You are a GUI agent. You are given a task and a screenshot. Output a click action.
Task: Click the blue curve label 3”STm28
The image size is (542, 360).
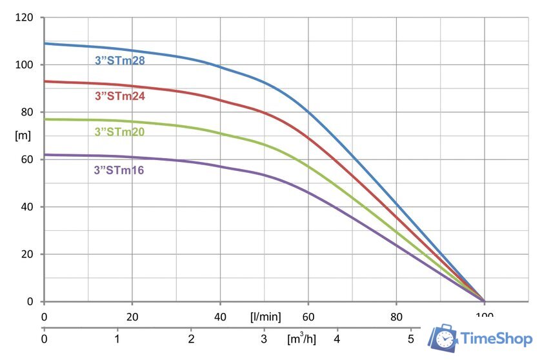(x=119, y=61)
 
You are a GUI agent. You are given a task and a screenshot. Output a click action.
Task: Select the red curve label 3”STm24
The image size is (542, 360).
(x=119, y=97)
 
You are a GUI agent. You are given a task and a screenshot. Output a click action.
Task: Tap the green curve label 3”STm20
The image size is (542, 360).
(x=119, y=132)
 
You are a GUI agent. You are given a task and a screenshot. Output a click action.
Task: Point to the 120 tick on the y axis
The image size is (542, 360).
(x=24, y=17)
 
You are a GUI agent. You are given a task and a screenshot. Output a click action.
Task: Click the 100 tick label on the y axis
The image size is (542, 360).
(x=24, y=65)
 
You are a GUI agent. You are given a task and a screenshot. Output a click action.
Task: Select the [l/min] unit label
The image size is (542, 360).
(x=265, y=317)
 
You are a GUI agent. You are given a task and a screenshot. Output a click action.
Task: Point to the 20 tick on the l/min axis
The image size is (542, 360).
(x=132, y=317)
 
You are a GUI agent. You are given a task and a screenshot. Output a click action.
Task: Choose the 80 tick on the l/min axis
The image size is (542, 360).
(x=396, y=317)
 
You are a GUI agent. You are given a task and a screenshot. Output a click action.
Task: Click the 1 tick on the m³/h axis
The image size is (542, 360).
(x=117, y=338)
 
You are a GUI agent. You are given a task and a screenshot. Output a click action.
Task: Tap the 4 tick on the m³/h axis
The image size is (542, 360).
(x=337, y=338)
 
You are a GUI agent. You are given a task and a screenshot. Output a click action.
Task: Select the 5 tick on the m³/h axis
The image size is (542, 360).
(x=410, y=338)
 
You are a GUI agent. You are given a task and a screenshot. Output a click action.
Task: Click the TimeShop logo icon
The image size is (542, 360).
(x=444, y=339)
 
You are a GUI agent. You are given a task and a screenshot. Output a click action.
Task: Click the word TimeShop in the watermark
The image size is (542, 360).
(x=496, y=339)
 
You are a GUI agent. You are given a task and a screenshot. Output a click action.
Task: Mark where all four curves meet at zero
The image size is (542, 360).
(x=484, y=301)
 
